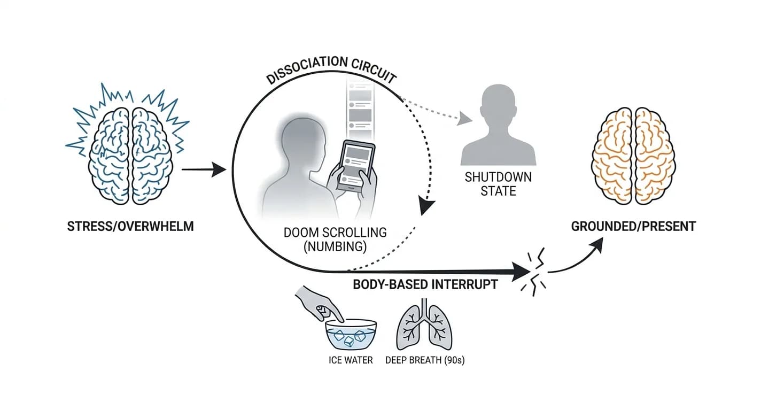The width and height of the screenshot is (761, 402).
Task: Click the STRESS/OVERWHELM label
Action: pyautogui.click(x=130, y=226)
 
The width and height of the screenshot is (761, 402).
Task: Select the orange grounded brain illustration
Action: pyautogui.click(x=633, y=156)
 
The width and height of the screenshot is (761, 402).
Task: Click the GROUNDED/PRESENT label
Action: pyautogui.click(x=633, y=226)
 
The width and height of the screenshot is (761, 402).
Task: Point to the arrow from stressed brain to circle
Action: pyautogui.click(x=204, y=169)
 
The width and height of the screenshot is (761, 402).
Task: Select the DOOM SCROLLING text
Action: pyautogui.click(x=335, y=233)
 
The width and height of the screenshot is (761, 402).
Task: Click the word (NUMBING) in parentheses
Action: pyautogui.click(x=335, y=246)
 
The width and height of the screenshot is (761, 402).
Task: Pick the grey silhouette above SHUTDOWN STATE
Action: pyautogui.click(x=499, y=125)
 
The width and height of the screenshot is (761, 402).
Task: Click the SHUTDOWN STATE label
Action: pyautogui.click(x=499, y=184)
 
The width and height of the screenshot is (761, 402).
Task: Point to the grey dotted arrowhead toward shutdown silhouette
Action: pyautogui.click(x=464, y=118)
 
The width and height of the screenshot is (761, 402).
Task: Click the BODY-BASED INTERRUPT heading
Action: pyautogui.click(x=425, y=284)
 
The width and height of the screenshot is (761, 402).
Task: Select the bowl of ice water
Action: pyautogui.click(x=351, y=334)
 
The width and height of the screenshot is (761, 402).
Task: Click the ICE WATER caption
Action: pyautogui.click(x=351, y=360)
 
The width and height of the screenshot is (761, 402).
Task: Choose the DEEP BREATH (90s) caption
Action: pyautogui.click(x=425, y=360)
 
